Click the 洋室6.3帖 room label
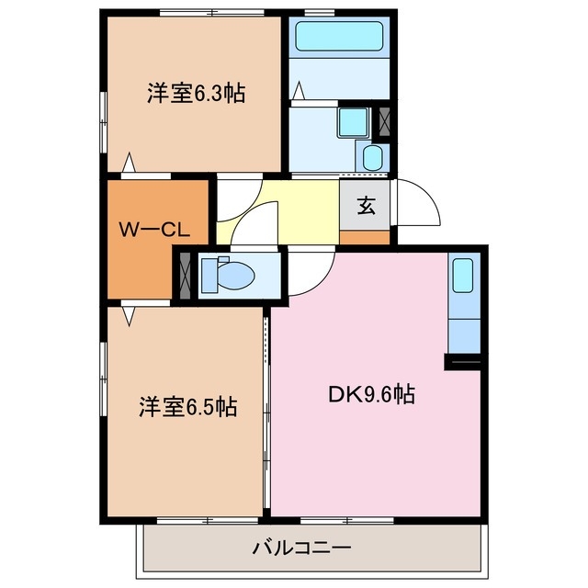coord(195,93)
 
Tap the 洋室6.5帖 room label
coord(188,405)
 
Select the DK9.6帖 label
coord(371,395)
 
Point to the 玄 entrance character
coord(366,206)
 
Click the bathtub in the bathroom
coord(338,37)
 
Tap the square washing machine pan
coord(351,121)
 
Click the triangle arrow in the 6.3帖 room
coord(130,163)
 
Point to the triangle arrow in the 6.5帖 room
coord(130,315)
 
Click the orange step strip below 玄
coord(366,237)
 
